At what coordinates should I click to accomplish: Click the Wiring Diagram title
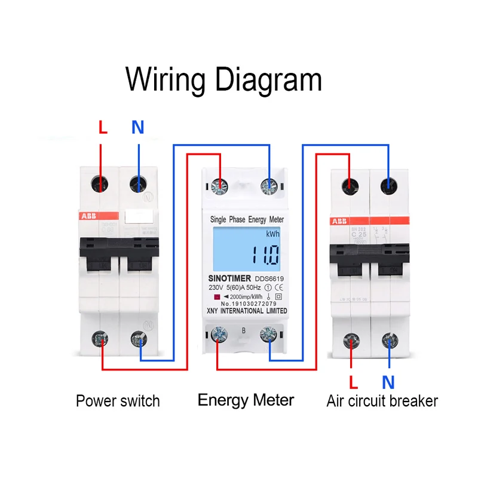pos(224,79)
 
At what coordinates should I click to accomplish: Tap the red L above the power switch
pos(102,127)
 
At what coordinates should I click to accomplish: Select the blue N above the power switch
pos(138,127)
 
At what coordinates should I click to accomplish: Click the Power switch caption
pos(118,400)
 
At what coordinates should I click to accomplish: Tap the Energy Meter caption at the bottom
pos(246,399)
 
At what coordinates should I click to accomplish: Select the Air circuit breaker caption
pos(382,400)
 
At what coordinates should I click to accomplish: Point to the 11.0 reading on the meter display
pos(263,256)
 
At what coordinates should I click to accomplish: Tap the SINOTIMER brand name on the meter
pos(230,278)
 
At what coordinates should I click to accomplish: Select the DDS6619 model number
pos(271,278)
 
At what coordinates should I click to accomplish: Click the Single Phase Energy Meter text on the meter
pos(247,220)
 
